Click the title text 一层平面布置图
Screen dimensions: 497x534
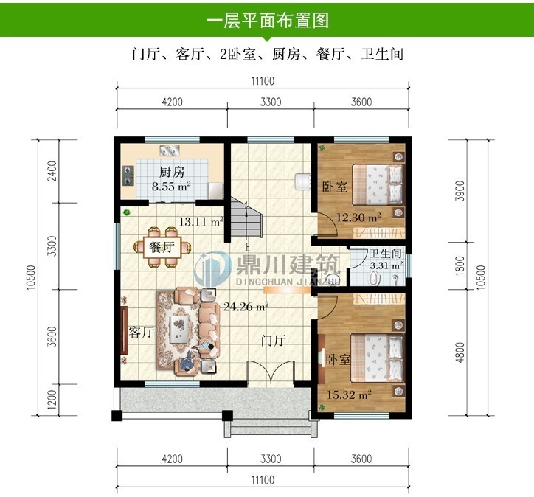266,19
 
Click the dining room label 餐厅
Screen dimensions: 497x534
162,247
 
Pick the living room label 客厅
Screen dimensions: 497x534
140,332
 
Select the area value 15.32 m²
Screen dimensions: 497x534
351,395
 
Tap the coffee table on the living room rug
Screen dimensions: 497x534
178,325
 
